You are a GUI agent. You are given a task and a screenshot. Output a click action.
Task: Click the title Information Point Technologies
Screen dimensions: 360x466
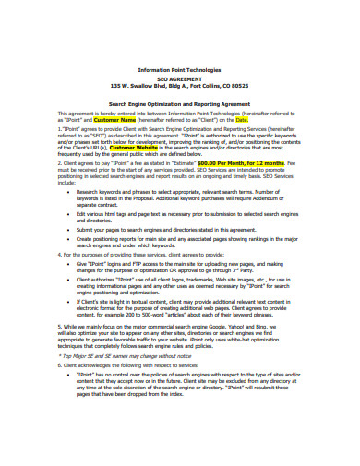click(x=179, y=69)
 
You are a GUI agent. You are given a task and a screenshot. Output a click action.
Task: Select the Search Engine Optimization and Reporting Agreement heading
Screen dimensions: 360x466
click(x=179, y=106)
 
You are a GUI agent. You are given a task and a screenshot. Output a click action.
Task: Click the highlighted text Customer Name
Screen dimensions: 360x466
click(x=115, y=120)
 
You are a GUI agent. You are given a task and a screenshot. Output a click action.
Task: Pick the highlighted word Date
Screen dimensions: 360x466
click(x=243, y=120)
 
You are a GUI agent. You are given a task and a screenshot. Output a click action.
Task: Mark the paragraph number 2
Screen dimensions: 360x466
click(x=60, y=163)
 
